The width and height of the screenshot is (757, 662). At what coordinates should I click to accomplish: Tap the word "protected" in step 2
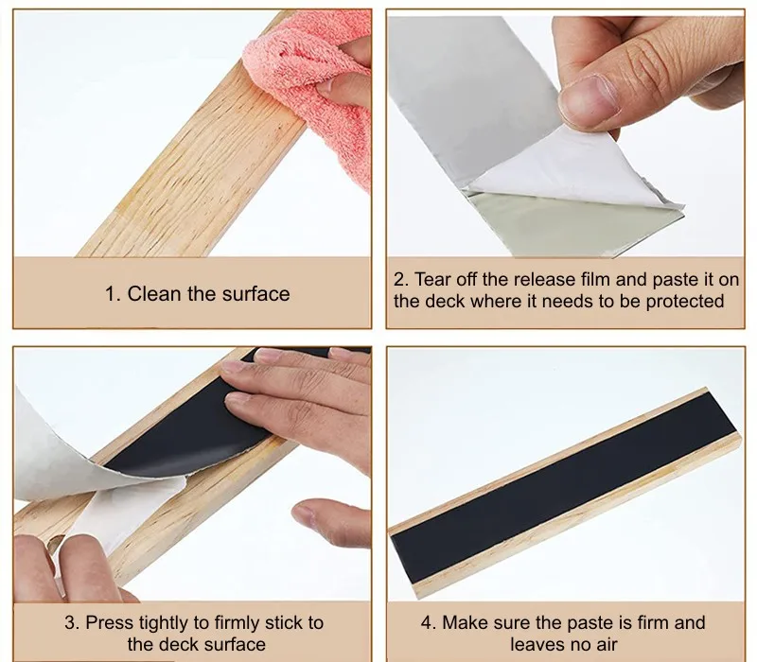[x=684, y=302]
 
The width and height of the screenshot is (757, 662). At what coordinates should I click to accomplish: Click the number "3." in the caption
[x=73, y=622]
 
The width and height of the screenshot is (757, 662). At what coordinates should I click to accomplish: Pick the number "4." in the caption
[x=430, y=622]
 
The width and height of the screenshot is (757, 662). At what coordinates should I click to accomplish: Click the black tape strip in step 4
[x=564, y=488]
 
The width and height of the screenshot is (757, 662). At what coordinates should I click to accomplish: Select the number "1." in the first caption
[x=113, y=294]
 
